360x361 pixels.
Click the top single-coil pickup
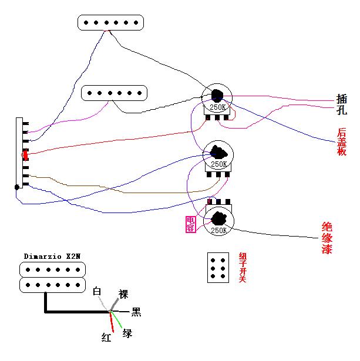pyautogui.click(x=110, y=22)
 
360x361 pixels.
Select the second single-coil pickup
pyautogui.click(x=114, y=93)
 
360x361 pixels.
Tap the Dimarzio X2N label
pyautogui.click(x=52, y=257)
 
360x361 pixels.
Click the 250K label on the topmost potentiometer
pyautogui.click(x=217, y=108)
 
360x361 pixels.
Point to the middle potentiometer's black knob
pyautogui.click(x=217, y=152)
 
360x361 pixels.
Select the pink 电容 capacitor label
pyautogui.click(x=190, y=224)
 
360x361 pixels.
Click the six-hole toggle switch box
pyautogui.click(x=217, y=268)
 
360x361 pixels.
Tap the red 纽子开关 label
pyautogui.click(x=242, y=268)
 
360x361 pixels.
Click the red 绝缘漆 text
pyautogui.click(x=327, y=238)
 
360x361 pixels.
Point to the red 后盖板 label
pyautogui.click(x=342, y=141)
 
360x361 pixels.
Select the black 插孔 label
pyautogui.click(x=342, y=104)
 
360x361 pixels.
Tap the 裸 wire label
pyautogui.click(x=123, y=293)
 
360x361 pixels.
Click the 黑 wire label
pyautogui.click(x=136, y=312)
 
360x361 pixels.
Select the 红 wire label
pyautogui.click(x=106, y=337)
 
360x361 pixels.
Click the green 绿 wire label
pyautogui.click(x=127, y=333)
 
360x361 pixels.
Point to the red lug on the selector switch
pyautogui.click(x=25, y=155)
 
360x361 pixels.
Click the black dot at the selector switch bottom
pyautogui.click(x=17, y=187)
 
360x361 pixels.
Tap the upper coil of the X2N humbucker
pyautogui.click(x=53, y=269)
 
